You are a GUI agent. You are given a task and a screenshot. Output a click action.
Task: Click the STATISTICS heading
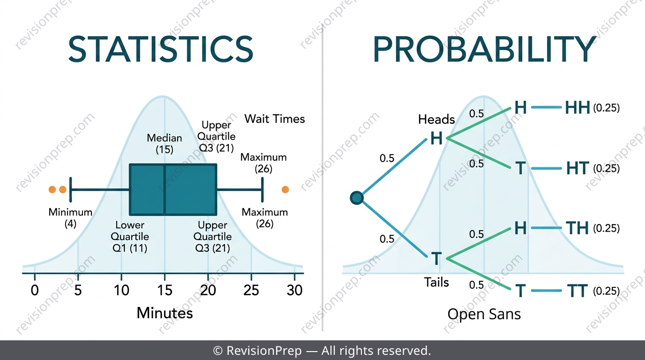click(161, 49)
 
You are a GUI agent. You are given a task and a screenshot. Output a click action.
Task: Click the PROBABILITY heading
click(485, 49)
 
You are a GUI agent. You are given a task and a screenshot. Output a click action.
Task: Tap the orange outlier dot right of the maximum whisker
click(285, 189)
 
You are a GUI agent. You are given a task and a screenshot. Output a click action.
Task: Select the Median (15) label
click(165, 144)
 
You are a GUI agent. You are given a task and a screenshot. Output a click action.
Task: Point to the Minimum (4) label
click(70, 217)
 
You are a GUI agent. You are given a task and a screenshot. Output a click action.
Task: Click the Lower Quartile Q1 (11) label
click(130, 236)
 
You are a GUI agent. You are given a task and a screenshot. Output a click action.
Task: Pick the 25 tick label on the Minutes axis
click(251, 290)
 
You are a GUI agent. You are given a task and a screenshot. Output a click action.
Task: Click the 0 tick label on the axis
click(35, 290)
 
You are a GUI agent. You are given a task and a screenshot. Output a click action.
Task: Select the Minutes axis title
click(165, 313)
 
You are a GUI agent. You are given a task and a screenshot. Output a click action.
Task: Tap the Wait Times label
click(275, 119)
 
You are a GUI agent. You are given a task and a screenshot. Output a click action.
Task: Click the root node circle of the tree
click(357, 198)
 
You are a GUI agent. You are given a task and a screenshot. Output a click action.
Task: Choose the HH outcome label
click(577, 108)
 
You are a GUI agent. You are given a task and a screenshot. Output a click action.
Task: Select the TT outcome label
click(577, 291)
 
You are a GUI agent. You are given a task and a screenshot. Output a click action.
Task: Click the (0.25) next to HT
click(607, 168)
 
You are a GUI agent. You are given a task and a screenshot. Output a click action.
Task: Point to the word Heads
click(436, 119)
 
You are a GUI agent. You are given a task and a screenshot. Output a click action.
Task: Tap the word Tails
click(436, 282)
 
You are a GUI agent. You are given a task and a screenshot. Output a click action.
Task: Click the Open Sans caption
click(484, 314)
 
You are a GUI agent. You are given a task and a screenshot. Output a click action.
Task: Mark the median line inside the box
click(165, 189)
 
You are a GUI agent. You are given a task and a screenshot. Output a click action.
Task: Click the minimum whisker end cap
click(70, 189)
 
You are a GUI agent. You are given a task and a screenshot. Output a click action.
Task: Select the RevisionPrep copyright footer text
click(322, 351)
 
